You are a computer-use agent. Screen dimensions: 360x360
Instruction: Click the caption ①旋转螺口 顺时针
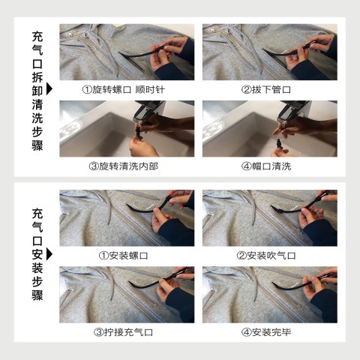[x=124, y=89]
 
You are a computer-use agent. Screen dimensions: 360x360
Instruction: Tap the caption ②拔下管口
[x=266, y=89]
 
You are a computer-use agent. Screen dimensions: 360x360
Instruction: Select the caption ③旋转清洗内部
[x=124, y=166]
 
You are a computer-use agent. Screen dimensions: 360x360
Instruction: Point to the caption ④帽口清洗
[x=266, y=166]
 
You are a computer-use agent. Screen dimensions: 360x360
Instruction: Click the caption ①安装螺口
[x=124, y=256]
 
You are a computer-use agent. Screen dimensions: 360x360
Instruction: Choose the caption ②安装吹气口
[x=266, y=256]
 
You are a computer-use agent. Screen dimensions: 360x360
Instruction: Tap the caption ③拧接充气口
[x=124, y=332]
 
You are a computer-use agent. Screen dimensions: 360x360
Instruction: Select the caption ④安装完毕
[x=266, y=332]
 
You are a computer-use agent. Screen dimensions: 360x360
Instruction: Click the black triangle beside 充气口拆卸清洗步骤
[x=49, y=88]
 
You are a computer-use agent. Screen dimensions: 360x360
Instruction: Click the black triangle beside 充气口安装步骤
[x=49, y=254]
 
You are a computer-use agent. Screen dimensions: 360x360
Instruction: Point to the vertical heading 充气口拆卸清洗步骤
[x=37, y=91]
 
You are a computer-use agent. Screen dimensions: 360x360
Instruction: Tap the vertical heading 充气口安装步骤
[x=37, y=254]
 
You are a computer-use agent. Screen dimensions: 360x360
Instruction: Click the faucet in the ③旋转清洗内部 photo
[x=148, y=110]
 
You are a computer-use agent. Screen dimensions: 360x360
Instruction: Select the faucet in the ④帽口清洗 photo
[x=292, y=111]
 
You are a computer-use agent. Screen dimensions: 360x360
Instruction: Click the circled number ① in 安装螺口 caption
[x=103, y=256]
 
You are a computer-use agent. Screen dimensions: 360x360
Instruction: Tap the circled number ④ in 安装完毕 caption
[x=246, y=332]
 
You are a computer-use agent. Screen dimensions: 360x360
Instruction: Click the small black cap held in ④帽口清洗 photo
[x=278, y=145]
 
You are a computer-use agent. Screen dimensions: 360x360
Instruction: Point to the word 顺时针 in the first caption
[x=150, y=89]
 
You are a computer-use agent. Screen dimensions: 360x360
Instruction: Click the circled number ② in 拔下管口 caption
[x=246, y=90]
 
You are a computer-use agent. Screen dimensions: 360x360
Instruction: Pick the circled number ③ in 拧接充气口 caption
[x=98, y=332]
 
